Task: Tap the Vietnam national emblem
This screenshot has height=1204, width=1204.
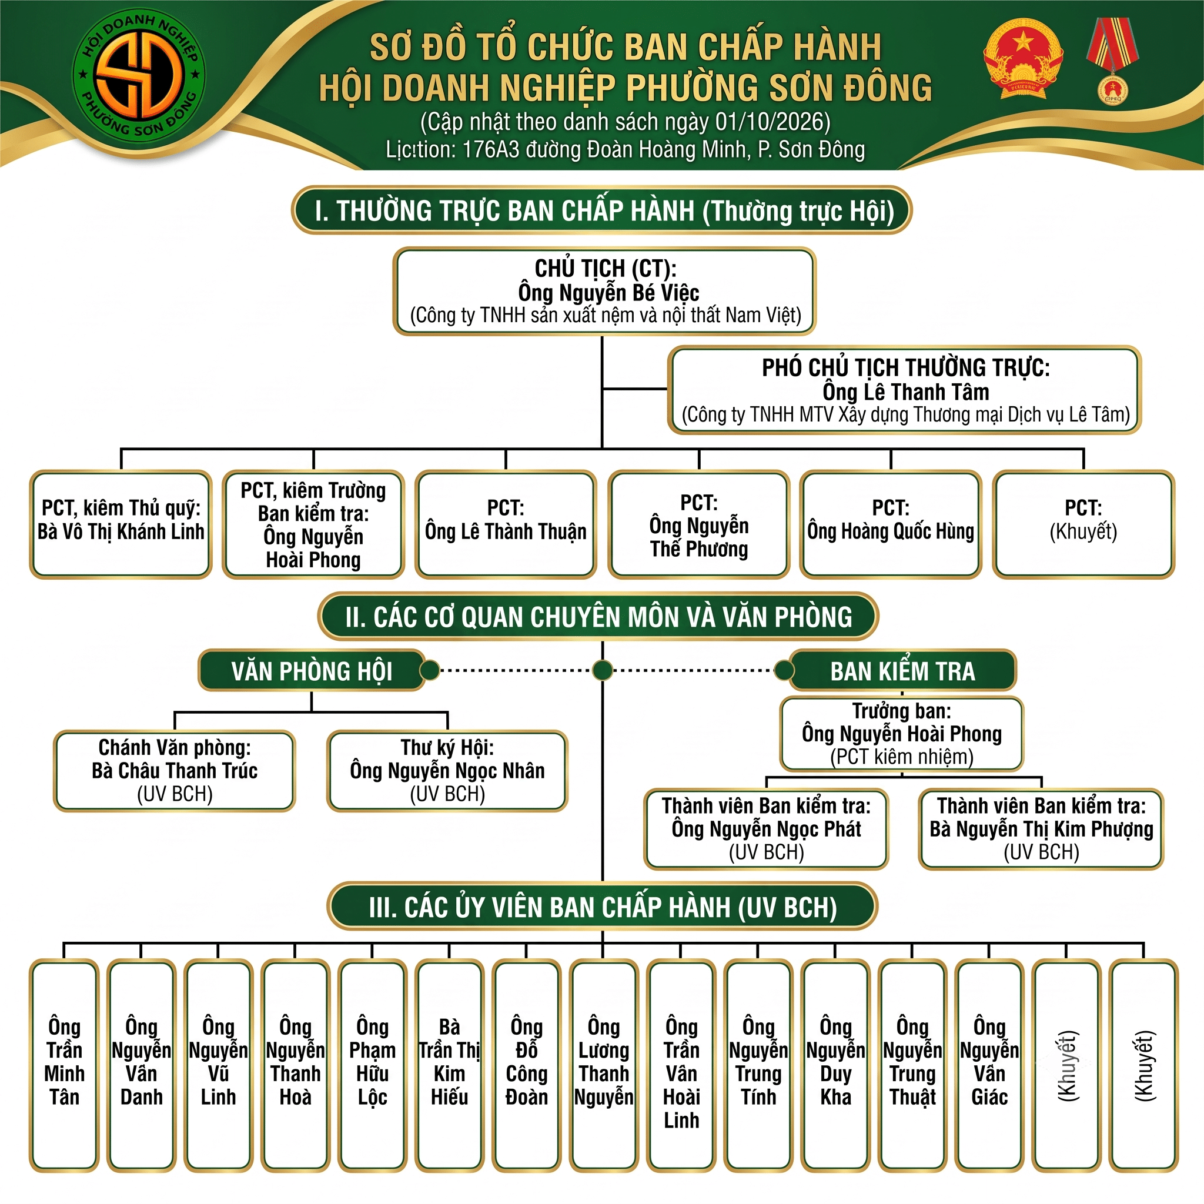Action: (x=1023, y=59)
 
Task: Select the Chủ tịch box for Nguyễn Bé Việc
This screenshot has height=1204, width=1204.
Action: (x=604, y=292)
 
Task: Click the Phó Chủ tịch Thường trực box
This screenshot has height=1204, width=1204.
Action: (x=905, y=390)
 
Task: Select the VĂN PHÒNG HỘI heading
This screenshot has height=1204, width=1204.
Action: (x=312, y=671)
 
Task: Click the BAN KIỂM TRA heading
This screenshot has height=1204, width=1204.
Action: (x=902, y=671)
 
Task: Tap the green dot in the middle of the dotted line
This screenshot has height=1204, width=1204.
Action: (x=602, y=671)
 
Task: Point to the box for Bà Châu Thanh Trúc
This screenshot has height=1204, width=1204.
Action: (x=175, y=771)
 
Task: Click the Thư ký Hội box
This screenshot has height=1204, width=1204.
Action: (x=447, y=771)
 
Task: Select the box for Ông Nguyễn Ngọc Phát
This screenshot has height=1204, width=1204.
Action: (x=767, y=829)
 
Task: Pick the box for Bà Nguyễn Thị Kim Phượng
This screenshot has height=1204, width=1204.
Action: (x=1041, y=829)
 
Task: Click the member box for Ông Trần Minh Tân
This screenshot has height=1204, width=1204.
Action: (x=64, y=1066)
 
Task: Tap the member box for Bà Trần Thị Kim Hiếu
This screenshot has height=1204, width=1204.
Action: (x=449, y=1066)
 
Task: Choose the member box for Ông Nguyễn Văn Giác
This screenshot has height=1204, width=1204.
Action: (x=989, y=1066)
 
